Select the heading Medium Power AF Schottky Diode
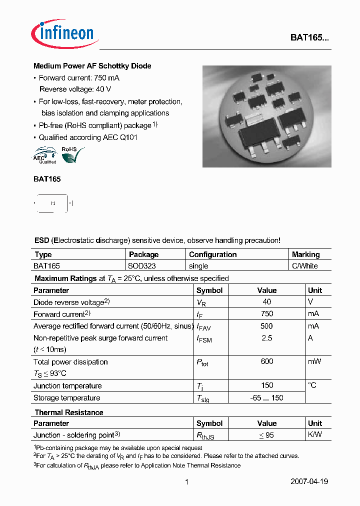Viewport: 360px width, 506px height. (92, 66)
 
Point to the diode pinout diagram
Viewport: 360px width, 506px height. (53, 203)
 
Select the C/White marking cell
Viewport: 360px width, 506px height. (304, 266)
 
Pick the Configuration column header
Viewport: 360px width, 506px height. (212, 254)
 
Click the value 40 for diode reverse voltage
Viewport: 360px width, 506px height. (266, 302)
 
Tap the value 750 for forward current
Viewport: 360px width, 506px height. (266, 314)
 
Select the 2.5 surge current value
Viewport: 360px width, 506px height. (266, 338)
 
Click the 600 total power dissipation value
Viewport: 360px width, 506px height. (266, 361)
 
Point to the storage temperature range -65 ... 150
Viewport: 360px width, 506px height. (266, 398)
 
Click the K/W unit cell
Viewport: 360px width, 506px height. (315, 435)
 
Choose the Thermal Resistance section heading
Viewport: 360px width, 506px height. (69, 412)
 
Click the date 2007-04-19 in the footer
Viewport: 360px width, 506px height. (309, 482)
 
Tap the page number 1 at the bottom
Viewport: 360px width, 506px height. (186, 482)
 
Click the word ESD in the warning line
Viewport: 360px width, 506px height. (41, 240)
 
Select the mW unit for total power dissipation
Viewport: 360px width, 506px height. (314, 361)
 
